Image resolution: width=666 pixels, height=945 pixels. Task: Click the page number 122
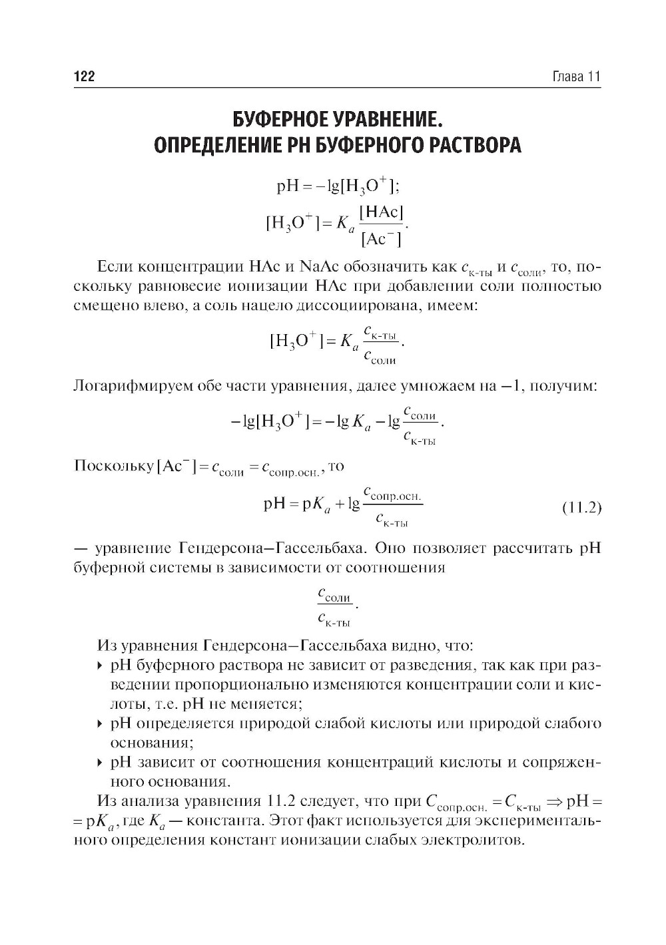[x=84, y=77]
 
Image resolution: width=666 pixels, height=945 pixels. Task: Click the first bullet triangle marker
[x=100, y=665]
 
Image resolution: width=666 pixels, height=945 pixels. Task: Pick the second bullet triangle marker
[x=100, y=723]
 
